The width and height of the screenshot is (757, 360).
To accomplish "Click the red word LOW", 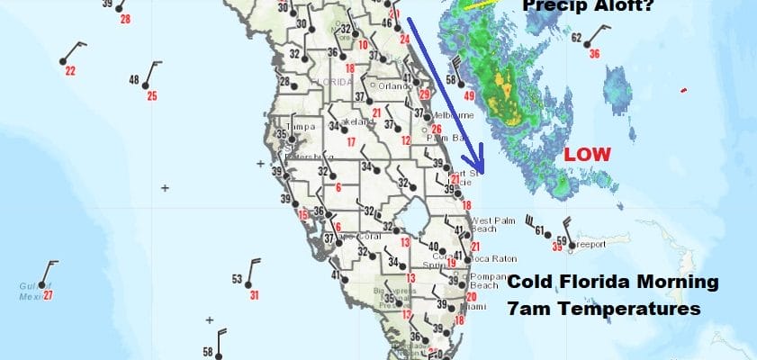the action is (587, 154).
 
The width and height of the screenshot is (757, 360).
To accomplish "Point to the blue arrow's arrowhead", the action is (482, 168).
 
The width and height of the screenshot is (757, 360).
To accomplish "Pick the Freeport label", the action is (591, 242).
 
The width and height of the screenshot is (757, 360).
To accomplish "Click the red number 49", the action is (469, 95).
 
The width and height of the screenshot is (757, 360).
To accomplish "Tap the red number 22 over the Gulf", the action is (70, 72).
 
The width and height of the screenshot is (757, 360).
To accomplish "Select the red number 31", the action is (255, 294).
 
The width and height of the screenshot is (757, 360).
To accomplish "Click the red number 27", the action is (48, 294).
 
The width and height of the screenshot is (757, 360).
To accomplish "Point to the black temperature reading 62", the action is (576, 38).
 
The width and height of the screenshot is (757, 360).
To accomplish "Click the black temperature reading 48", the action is (134, 80).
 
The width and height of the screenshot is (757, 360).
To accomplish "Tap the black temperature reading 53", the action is (237, 279).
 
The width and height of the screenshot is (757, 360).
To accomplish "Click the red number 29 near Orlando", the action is (425, 95).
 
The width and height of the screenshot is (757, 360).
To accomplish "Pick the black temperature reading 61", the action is (540, 231).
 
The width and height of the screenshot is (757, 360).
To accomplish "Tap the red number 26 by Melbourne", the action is (436, 129).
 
